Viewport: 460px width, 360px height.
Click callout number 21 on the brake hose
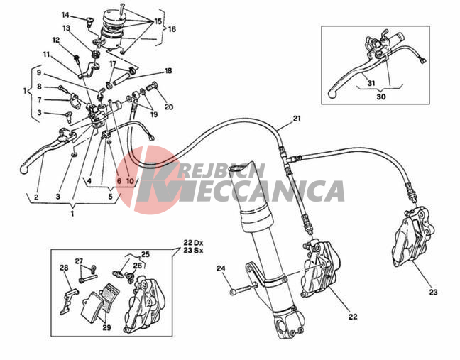point(297,119)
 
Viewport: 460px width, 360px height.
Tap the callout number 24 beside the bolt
point(221,268)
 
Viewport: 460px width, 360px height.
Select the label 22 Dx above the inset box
point(193,243)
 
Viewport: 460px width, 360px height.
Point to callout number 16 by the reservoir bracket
point(172,29)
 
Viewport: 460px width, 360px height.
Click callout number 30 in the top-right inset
point(380,97)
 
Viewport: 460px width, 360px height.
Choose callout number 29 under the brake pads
point(106,327)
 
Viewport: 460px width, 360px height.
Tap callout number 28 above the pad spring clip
point(64,268)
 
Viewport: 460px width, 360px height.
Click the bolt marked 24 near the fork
point(242,289)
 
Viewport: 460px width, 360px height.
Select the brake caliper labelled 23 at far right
point(414,237)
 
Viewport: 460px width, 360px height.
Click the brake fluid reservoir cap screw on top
point(122,9)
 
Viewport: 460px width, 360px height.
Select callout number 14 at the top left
point(65,15)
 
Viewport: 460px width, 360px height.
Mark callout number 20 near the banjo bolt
point(169,107)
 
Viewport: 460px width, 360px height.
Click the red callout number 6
point(119,181)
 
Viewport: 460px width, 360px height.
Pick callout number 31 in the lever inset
point(371,83)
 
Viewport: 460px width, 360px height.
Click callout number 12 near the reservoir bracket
point(56,40)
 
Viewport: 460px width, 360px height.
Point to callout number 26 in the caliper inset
point(137,266)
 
